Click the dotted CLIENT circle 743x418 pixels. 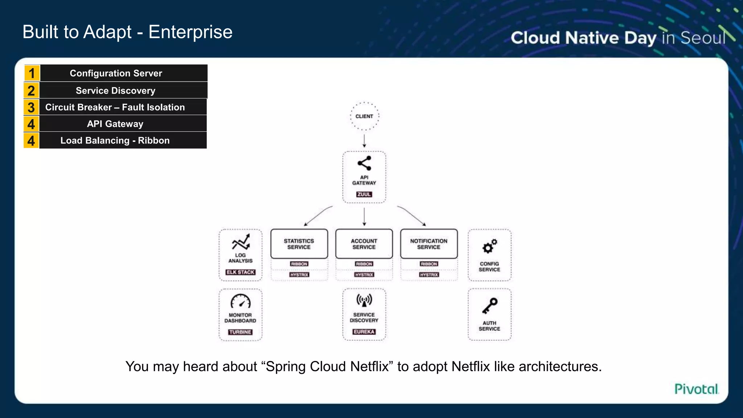tap(364, 116)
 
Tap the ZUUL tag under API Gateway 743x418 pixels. tap(364, 194)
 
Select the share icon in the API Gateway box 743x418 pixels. tap(364, 163)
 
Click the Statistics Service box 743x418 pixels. tap(299, 244)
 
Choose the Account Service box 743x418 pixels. tap(364, 244)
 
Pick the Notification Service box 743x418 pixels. tap(429, 244)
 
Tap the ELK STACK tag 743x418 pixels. tap(241, 272)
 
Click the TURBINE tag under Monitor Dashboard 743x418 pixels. tap(240, 332)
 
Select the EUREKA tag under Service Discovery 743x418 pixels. tap(364, 332)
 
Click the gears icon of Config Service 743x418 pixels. tap(489, 246)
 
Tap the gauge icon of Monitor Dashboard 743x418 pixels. tap(241, 301)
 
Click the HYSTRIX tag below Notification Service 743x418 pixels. tap(429, 275)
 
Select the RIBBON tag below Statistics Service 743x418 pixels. tap(299, 264)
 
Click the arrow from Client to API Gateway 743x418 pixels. tap(364, 141)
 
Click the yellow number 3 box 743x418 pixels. tap(32, 107)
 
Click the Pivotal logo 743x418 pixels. tap(696, 389)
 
